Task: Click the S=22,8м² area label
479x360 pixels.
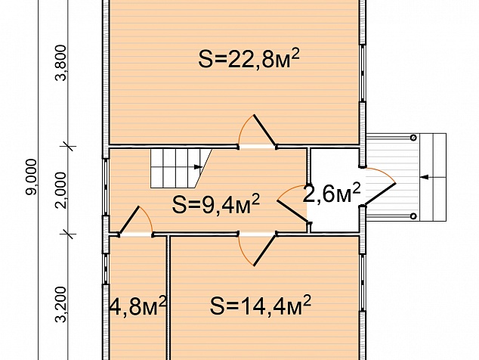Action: point(249,58)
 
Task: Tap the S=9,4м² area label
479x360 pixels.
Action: point(215,204)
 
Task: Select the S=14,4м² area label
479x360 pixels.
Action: point(260,306)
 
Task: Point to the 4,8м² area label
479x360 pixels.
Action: point(138,306)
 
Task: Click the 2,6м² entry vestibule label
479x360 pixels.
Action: point(332,194)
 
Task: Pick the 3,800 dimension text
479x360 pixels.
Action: point(61,63)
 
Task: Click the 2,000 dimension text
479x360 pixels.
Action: point(61,191)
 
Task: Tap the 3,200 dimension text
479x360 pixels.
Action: point(61,304)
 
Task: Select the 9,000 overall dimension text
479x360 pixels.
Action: point(31,176)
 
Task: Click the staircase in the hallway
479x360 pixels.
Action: point(181,168)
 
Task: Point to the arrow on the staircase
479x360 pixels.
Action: point(198,166)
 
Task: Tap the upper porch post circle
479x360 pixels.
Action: point(413,138)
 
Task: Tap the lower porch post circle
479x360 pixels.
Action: point(413,216)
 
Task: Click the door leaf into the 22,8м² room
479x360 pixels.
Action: point(264,131)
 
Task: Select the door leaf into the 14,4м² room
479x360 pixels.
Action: point(264,250)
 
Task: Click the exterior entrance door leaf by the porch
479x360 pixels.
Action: point(379,194)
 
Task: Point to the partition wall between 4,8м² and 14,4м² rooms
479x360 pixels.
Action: point(168,297)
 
